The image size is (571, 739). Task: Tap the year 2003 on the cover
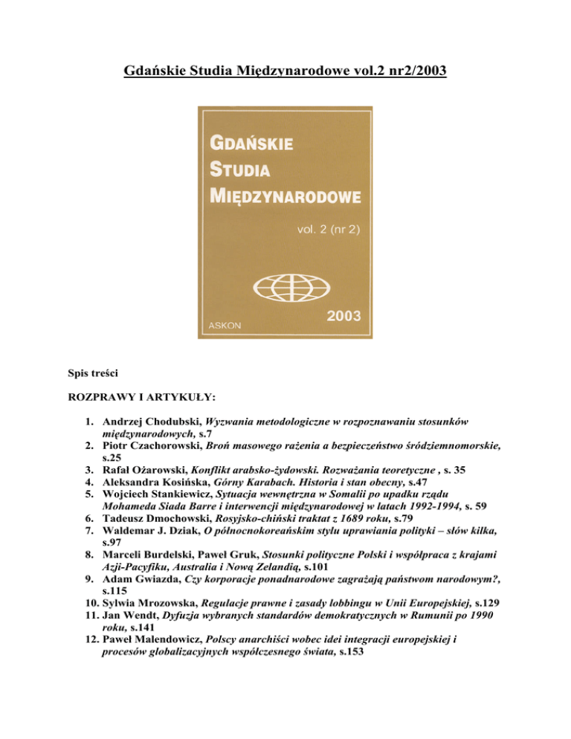343,315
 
